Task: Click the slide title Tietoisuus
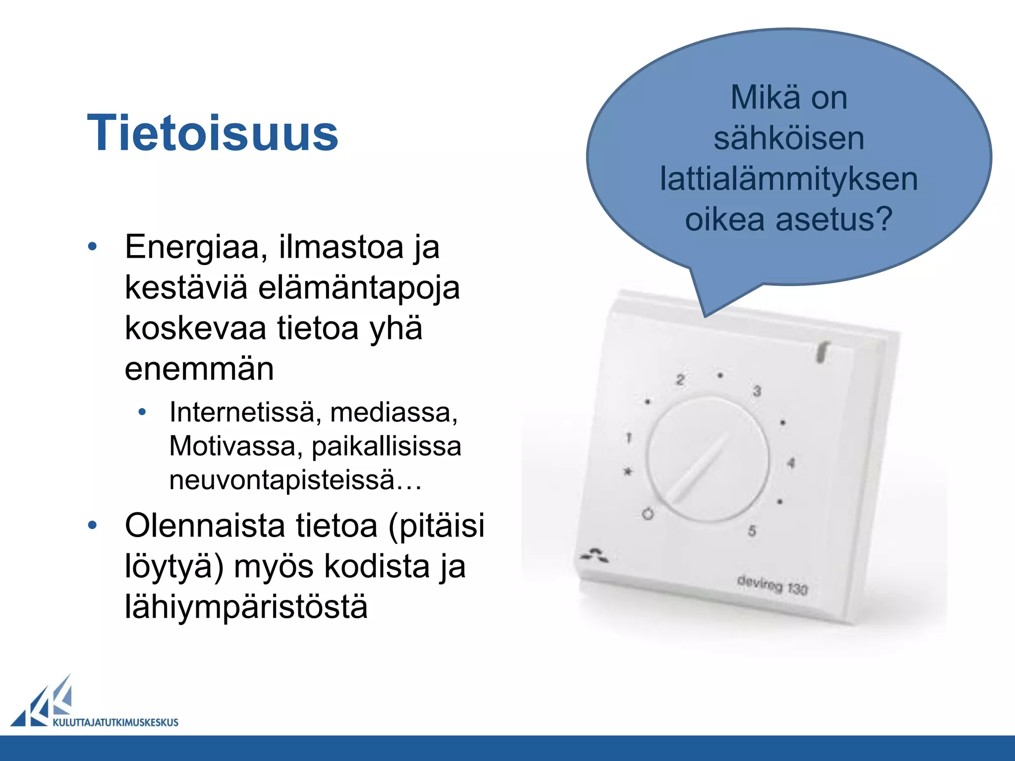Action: pyautogui.click(x=212, y=133)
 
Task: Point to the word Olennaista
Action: pyautogui.click(x=204, y=525)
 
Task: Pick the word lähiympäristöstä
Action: pyautogui.click(x=246, y=606)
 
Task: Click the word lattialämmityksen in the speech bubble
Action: pyautogui.click(x=789, y=179)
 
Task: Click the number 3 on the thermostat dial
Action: pyautogui.click(x=757, y=391)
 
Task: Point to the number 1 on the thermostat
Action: pyautogui.click(x=628, y=437)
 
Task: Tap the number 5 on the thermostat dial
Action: pyautogui.click(x=752, y=531)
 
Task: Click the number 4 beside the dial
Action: pyautogui.click(x=791, y=463)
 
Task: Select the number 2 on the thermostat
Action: pyautogui.click(x=680, y=380)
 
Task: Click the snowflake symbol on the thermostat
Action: pyautogui.click(x=628, y=471)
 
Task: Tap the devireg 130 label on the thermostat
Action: pyautogui.click(x=772, y=585)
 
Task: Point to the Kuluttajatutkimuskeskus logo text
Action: pyautogui.click(x=115, y=722)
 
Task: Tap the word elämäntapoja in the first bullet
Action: pyautogui.click(x=359, y=288)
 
